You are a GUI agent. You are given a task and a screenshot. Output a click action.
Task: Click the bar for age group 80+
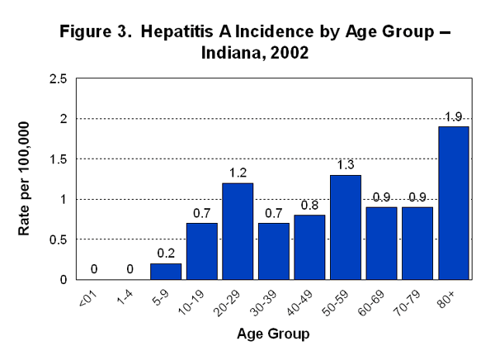coord(454,203)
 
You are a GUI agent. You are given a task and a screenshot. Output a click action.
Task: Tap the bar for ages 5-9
coord(165,271)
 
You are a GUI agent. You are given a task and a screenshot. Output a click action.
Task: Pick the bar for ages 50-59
coord(346,227)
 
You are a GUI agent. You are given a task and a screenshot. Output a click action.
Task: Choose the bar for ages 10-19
coord(202,251)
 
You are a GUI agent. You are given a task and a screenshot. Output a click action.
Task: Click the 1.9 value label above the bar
coord(454,116)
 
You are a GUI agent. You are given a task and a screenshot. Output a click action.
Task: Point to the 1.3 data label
coord(346,165)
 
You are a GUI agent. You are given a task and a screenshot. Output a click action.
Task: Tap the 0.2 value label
coord(165,253)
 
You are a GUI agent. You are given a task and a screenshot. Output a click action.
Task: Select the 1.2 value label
coord(238,173)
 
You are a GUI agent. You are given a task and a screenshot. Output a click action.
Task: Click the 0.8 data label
coord(309,205)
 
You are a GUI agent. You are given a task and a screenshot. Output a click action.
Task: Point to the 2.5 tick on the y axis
coord(58,79)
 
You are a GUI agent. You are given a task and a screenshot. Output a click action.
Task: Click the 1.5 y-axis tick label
coord(58,159)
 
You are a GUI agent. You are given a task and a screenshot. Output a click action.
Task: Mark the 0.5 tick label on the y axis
coord(58,239)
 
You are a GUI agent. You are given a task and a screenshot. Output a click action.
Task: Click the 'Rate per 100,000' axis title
coord(25,179)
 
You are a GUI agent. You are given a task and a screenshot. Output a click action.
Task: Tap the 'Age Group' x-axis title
coord(274,334)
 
